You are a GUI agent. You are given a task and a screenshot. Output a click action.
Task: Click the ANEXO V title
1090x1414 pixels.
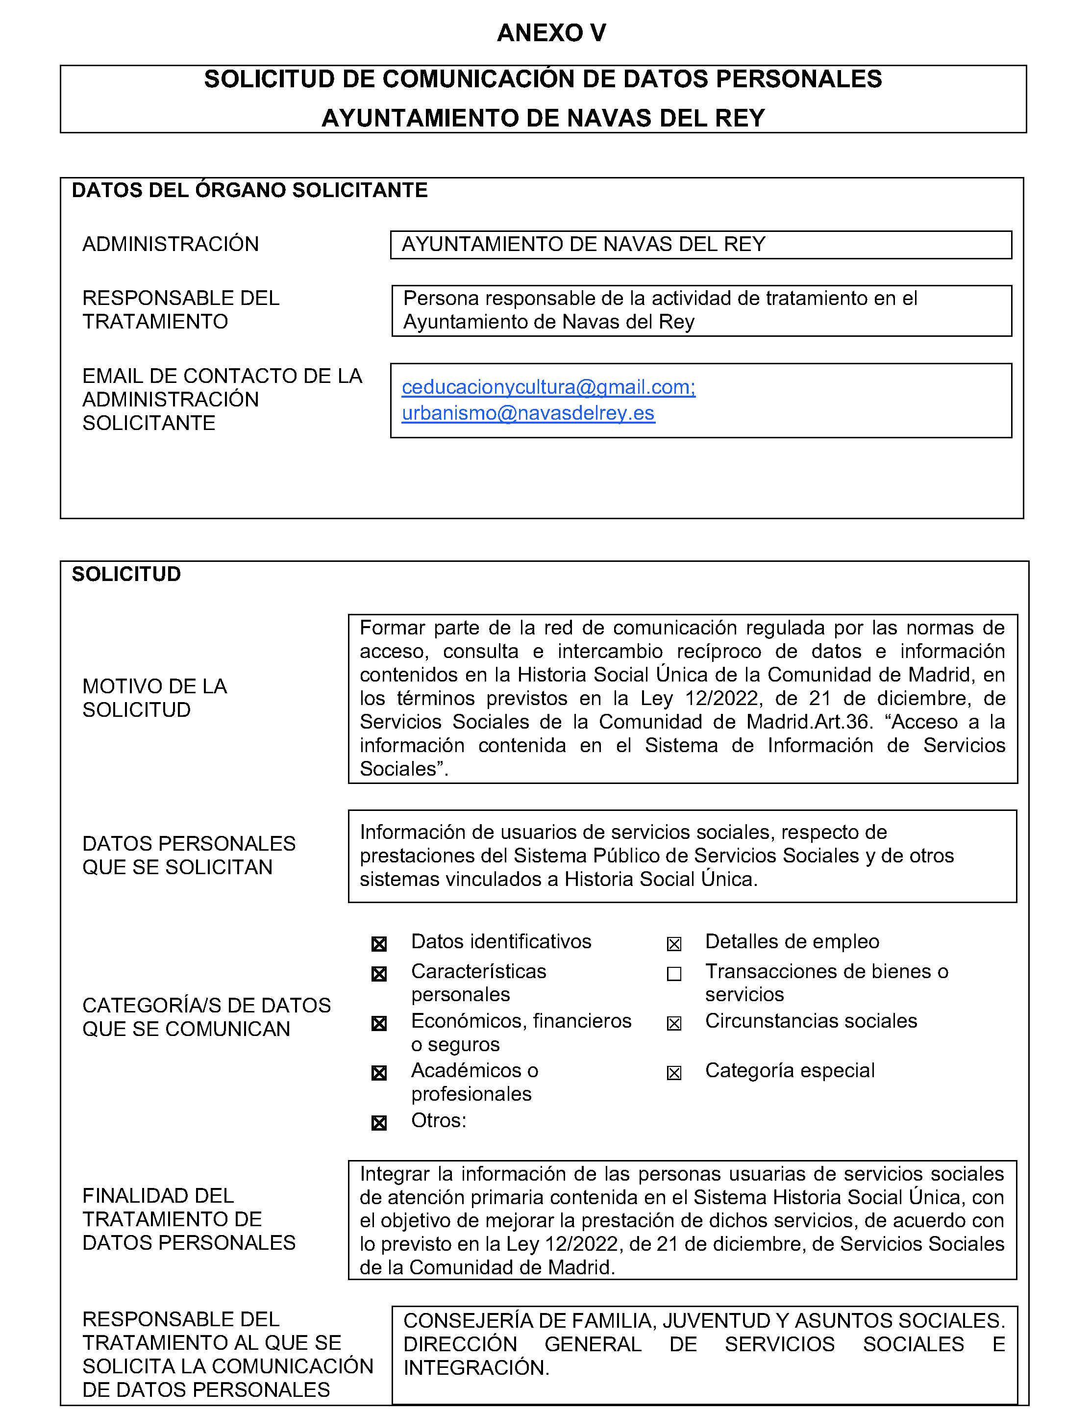[x=551, y=33]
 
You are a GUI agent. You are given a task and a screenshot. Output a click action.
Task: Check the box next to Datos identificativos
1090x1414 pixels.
[x=379, y=944]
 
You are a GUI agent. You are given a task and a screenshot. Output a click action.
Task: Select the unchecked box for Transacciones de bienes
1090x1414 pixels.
[x=674, y=974]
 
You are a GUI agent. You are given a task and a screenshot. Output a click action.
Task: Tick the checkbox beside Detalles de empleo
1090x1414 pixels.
[x=674, y=944]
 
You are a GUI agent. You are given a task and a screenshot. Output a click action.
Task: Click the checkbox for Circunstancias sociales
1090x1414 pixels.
[x=674, y=1024]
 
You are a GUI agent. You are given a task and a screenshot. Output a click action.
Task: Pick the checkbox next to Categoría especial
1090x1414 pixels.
[x=674, y=1073]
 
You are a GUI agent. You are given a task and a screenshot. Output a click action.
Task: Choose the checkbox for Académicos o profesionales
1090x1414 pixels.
[x=379, y=1073]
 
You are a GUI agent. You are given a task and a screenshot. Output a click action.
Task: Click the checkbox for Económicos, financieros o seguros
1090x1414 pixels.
[x=379, y=1024]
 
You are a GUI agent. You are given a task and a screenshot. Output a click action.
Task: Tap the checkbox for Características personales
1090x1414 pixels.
[x=379, y=974]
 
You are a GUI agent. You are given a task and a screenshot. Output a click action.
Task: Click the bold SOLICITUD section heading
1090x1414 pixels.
[x=126, y=574]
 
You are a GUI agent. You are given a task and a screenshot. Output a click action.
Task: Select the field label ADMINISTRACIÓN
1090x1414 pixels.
[x=170, y=244]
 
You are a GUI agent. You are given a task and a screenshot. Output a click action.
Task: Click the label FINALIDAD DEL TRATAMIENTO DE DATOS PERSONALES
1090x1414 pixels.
[x=188, y=1219]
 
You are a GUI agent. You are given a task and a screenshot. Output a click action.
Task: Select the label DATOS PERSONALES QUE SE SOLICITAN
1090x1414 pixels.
[x=188, y=855]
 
